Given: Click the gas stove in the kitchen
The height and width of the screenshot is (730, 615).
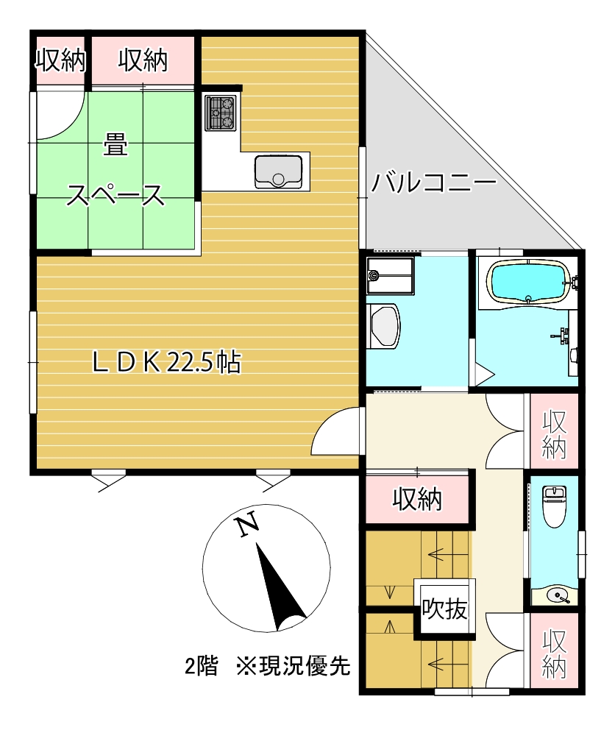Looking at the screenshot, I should (219, 113).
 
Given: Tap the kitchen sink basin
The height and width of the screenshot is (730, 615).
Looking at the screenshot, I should (277, 171).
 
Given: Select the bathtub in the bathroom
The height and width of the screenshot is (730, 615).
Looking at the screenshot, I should (528, 282).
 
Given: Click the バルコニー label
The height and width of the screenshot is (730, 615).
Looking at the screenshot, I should (434, 182).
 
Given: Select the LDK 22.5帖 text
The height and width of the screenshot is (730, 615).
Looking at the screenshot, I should (166, 361).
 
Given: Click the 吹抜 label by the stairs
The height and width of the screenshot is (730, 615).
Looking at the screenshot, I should (444, 609).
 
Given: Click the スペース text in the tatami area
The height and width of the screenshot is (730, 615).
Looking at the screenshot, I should (115, 195).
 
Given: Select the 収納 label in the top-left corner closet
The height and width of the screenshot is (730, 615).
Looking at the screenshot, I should (60, 61).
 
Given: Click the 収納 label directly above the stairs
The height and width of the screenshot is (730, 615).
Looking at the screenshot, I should (416, 500).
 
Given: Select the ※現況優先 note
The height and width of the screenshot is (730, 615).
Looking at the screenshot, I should (292, 667).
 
